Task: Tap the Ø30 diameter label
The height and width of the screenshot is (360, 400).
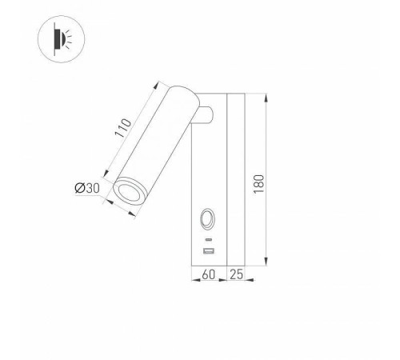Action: point(86,188)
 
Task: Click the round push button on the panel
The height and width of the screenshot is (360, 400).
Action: point(208,218)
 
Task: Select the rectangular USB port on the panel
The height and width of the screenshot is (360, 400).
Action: point(209,252)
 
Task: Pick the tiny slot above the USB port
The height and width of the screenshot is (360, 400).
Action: point(209,239)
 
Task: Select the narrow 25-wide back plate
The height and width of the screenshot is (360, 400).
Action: point(237,180)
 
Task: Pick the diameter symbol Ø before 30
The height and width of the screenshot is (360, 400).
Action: point(80,188)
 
